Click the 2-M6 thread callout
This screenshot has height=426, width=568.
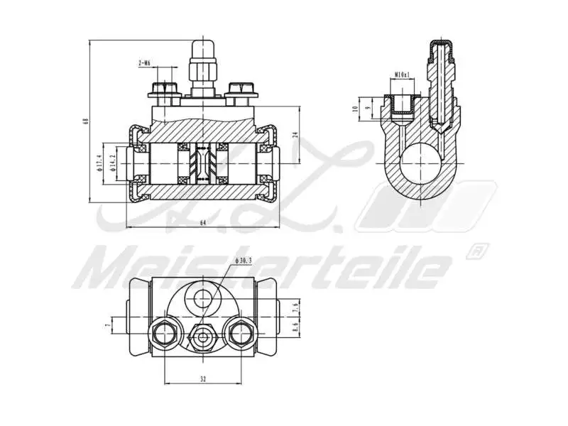144,64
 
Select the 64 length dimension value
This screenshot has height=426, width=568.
203,222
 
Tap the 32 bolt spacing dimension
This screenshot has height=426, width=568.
203,380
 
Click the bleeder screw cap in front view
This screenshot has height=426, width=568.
204,53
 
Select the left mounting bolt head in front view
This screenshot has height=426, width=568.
163,90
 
